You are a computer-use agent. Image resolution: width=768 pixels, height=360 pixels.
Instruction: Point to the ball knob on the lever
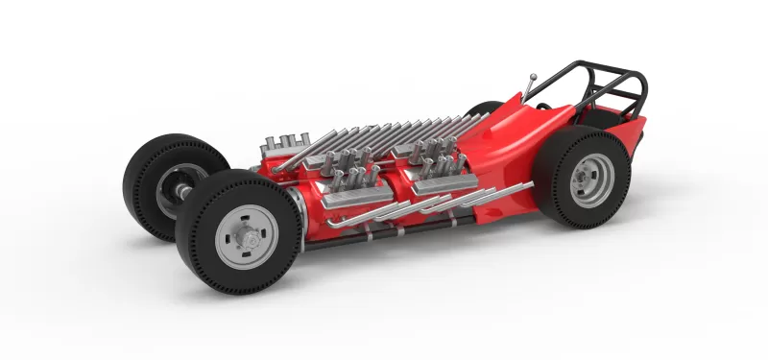(532, 73)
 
